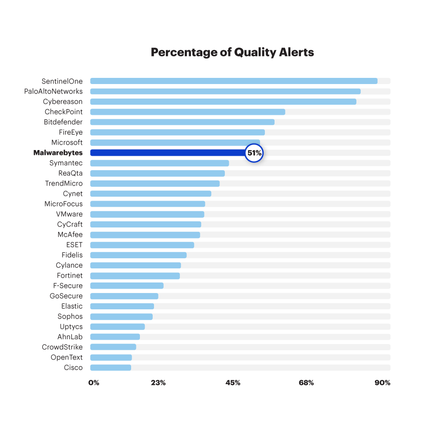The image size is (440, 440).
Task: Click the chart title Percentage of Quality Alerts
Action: click(x=232, y=52)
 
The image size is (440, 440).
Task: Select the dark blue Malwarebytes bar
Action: click(x=167, y=153)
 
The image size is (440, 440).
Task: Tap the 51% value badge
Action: click(x=254, y=153)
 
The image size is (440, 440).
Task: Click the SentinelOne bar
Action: click(x=234, y=81)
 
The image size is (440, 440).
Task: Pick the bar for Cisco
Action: click(x=110, y=367)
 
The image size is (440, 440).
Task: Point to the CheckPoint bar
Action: click(x=187, y=112)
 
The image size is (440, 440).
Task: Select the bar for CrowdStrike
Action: click(x=113, y=347)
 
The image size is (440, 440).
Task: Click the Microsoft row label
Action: click(x=67, y=143)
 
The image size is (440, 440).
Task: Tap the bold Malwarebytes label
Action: click(x=58, y=153)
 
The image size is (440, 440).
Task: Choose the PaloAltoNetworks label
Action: click(x=53, y=92)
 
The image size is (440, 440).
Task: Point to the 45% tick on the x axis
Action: click(x=233, y=383)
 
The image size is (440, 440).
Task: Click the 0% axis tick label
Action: click(x=94, y=383)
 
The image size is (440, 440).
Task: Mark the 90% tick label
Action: click(x=382, y=383)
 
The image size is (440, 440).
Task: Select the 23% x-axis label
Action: click(x=158, y=383)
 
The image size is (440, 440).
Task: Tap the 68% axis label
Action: click(x=306, y=383)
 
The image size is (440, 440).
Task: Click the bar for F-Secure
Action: click(x=127, y=286)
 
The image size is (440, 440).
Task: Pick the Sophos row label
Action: click(x=70, y=316)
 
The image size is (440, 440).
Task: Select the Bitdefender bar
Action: click(x=182, y=122)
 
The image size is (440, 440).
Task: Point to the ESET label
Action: click(x=74, y=245)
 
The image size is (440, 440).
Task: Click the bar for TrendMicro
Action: click(x=155, y=183)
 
